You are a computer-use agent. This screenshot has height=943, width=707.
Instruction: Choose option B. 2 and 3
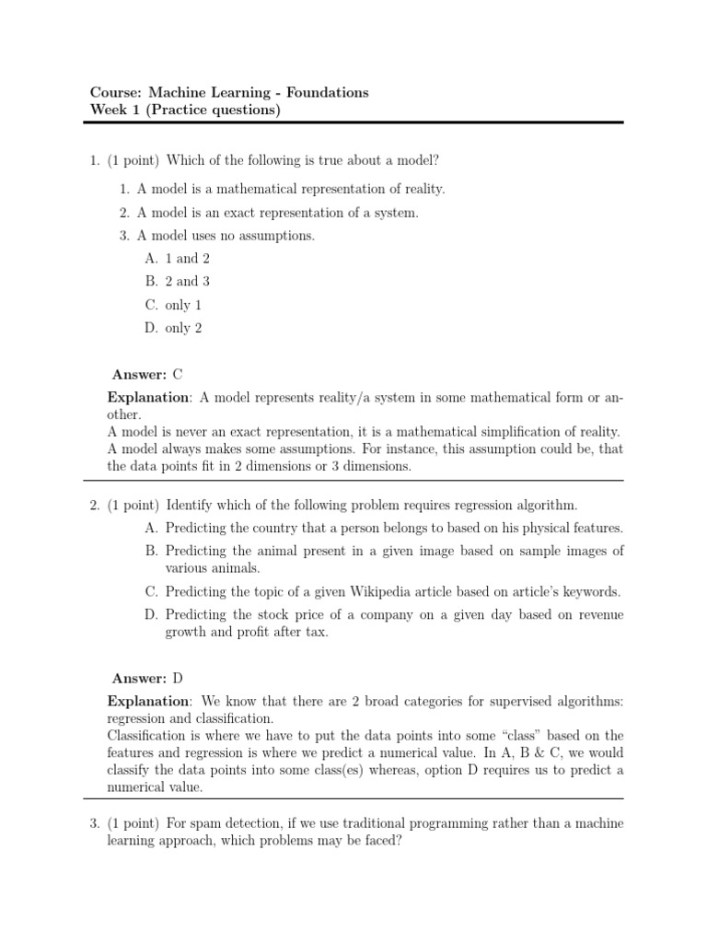coord(178,282)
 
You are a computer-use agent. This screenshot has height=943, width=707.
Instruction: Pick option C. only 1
coord(174,305)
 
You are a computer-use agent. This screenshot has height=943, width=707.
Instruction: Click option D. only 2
coord(174,328)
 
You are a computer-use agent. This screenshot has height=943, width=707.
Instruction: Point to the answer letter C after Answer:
coord(178,374)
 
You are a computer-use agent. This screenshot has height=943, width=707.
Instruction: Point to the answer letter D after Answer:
coord(178,678)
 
